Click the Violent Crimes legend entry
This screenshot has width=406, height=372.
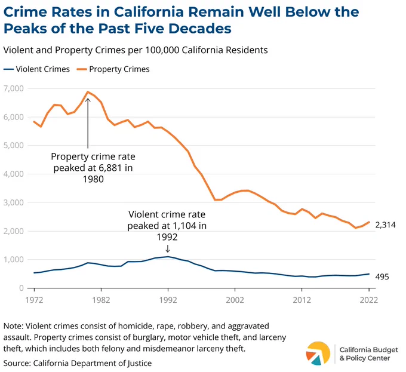tap(36, 69)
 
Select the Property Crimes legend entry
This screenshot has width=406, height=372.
tap(113, 69)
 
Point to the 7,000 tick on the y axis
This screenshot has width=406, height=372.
tap(14, 88)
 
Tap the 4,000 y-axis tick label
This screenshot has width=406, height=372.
tap(14, 174)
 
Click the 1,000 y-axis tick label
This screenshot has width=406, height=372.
tap(14, 259)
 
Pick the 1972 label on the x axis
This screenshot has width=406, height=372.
tap(34, 300)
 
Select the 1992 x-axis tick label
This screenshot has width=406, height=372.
tap(168, 300)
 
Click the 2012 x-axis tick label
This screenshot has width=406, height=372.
tap(302, 300)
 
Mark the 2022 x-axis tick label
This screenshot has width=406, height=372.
tap(369, 300)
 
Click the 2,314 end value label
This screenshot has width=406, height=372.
tap(386, 225)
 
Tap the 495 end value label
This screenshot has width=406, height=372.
tap(382, 277)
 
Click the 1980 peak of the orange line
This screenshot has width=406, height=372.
tap(88, 92)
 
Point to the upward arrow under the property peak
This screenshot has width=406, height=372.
tap(88, 123)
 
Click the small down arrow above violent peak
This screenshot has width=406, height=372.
tap(168, 248)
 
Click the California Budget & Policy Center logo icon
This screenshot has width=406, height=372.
tap(318, 353)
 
